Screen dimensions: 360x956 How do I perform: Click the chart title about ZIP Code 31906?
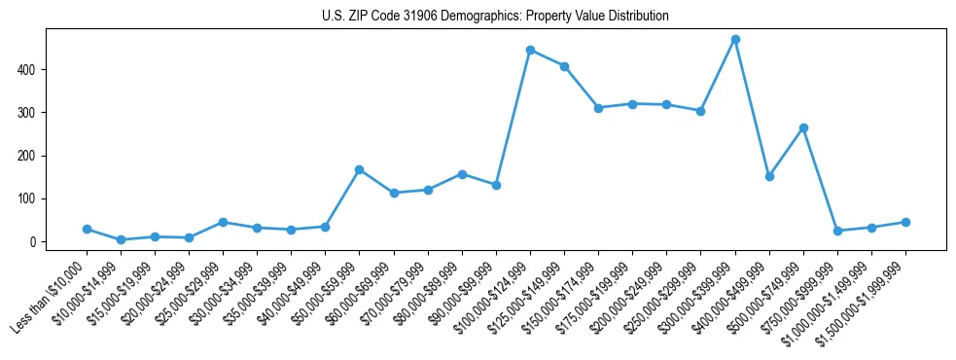495,17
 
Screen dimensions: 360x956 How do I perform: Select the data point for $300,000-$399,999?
735,40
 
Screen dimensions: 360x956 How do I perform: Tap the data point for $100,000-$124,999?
530,50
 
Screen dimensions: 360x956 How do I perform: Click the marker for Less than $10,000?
87,229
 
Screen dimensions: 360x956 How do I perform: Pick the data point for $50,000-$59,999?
360,169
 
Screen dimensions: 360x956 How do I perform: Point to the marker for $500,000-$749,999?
803,127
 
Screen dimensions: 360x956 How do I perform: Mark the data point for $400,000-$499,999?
769,176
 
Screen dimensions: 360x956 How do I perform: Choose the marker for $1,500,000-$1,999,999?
905,222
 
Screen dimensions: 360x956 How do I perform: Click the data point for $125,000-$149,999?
564,66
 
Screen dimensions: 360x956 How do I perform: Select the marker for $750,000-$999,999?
837,231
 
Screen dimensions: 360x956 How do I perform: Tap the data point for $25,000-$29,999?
223,222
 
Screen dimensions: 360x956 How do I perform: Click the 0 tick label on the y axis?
31,241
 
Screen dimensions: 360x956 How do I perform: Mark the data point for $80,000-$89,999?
462,174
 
